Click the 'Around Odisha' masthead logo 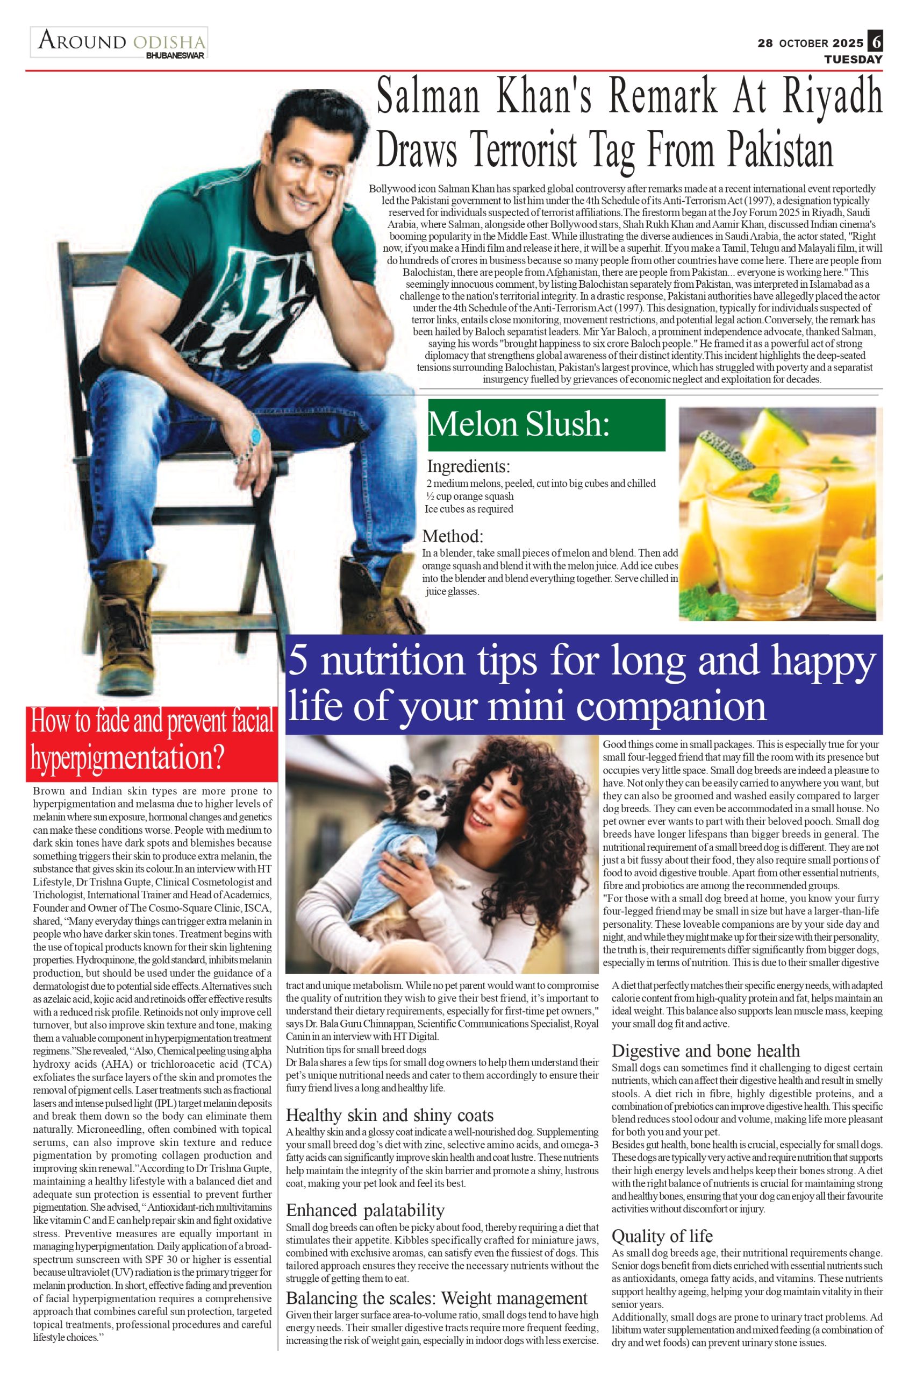pyautogui.click(x=119, y=42)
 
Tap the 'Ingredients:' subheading pyautogui.click(x=468, y=466)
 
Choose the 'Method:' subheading pyautogui.click(x=453, y=535)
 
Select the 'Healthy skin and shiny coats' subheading pyautogui.click(x=390, y=1116)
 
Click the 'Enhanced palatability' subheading pyautogui.click(x=365, y=1211)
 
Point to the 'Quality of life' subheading pyautogui.click(x=662, y=1236)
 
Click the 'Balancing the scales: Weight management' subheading pyautogui.click(x=436, y=1298)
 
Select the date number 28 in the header pyautogui.click(x=765, y=44)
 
